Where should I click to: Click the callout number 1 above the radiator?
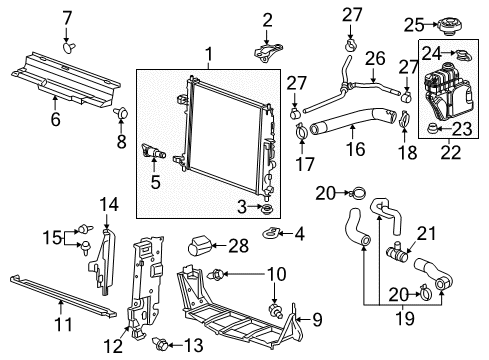(x=208, y=54)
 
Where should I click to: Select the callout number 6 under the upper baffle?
(x=55, y=120)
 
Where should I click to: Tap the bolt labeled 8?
(x=122, y=115)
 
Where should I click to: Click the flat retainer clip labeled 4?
(x=271, y=235)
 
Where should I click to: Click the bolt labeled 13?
(x=156, y=345)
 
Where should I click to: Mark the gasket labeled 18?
(x=405, y=125)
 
